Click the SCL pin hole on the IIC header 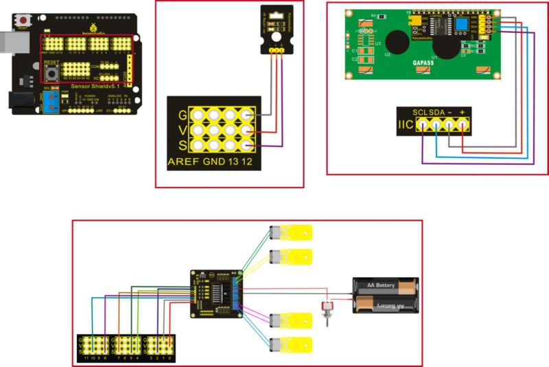(419, 124)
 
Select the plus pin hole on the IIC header (463, 124)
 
